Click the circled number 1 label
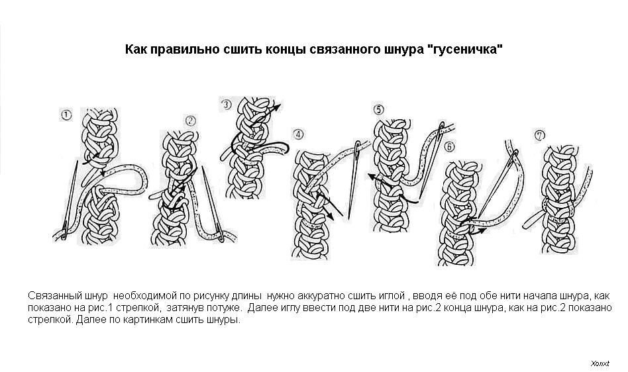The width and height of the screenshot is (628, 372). tap(66, 115)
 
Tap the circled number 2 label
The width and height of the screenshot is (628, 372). tap(191, 120)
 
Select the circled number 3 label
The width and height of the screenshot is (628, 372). tap(227, 105)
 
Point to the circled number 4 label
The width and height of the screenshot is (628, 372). tap(298, 134)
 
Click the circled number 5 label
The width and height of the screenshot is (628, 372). tap(378, 109)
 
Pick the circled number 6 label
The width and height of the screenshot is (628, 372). tap(449, 147)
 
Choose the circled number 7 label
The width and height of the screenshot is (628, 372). tap(540, 136)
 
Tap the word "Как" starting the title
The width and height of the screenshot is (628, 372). tap(136, 49)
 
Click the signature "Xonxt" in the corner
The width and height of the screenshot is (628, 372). tap(600, 363)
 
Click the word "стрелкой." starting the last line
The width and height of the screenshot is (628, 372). tap(50, 320)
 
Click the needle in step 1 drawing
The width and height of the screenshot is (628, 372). tap(70, 200)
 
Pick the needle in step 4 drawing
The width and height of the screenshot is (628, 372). tap(354, 181)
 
